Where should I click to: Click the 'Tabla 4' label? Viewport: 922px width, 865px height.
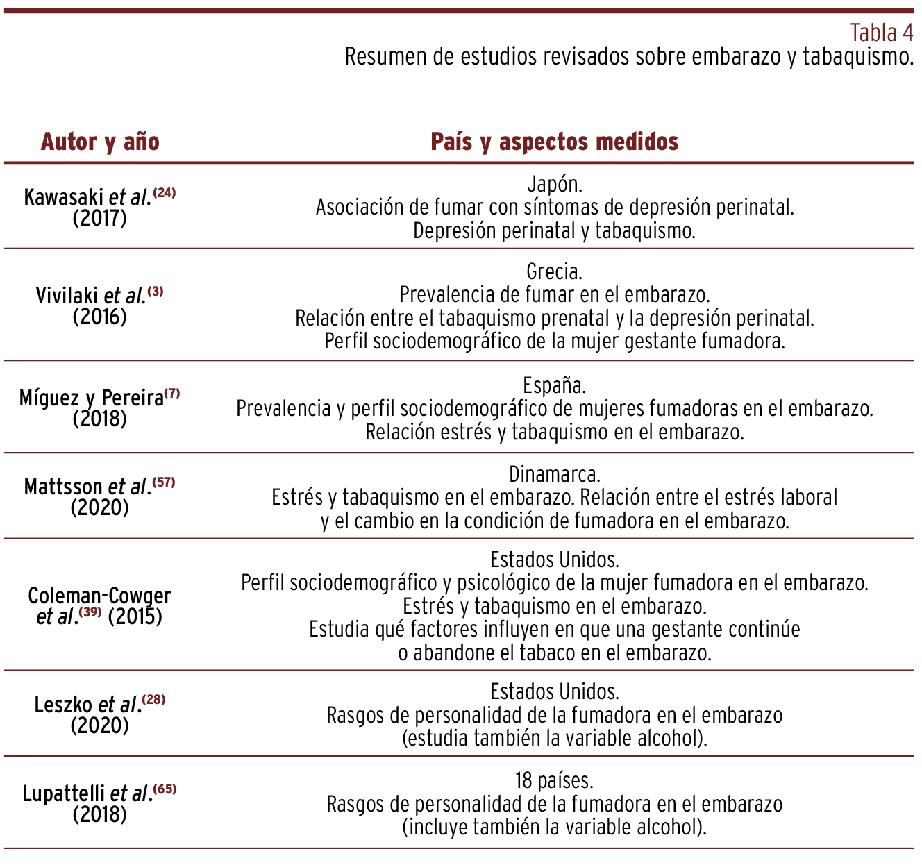click(881, 33)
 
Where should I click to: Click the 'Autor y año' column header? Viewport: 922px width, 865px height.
click(100, 142)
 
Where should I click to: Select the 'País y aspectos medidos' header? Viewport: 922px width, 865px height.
click(554, 142)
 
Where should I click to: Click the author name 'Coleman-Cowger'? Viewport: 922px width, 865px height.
click(99, 596)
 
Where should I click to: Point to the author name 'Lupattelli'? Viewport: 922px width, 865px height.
click(64, 793)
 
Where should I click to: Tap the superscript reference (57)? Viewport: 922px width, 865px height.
click(164, 482)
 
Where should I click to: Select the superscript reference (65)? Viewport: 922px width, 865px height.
click(165, 789)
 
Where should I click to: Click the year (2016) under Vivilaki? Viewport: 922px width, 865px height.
click(99, 317)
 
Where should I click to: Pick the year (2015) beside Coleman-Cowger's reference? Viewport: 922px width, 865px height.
click(135, 616)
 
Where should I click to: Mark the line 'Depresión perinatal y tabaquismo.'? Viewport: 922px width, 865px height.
click(554, 230)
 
